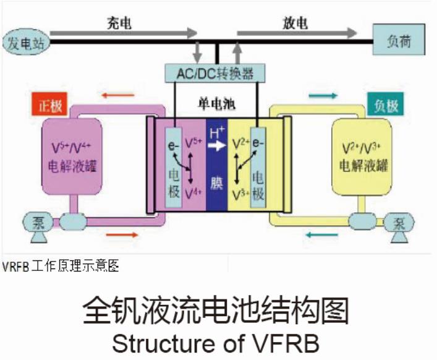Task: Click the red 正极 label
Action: [x=50, y=106]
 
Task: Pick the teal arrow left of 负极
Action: [x=323, y=96]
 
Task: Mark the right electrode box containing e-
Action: [x=258, y=167]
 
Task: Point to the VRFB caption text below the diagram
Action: [x=60, y=266]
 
